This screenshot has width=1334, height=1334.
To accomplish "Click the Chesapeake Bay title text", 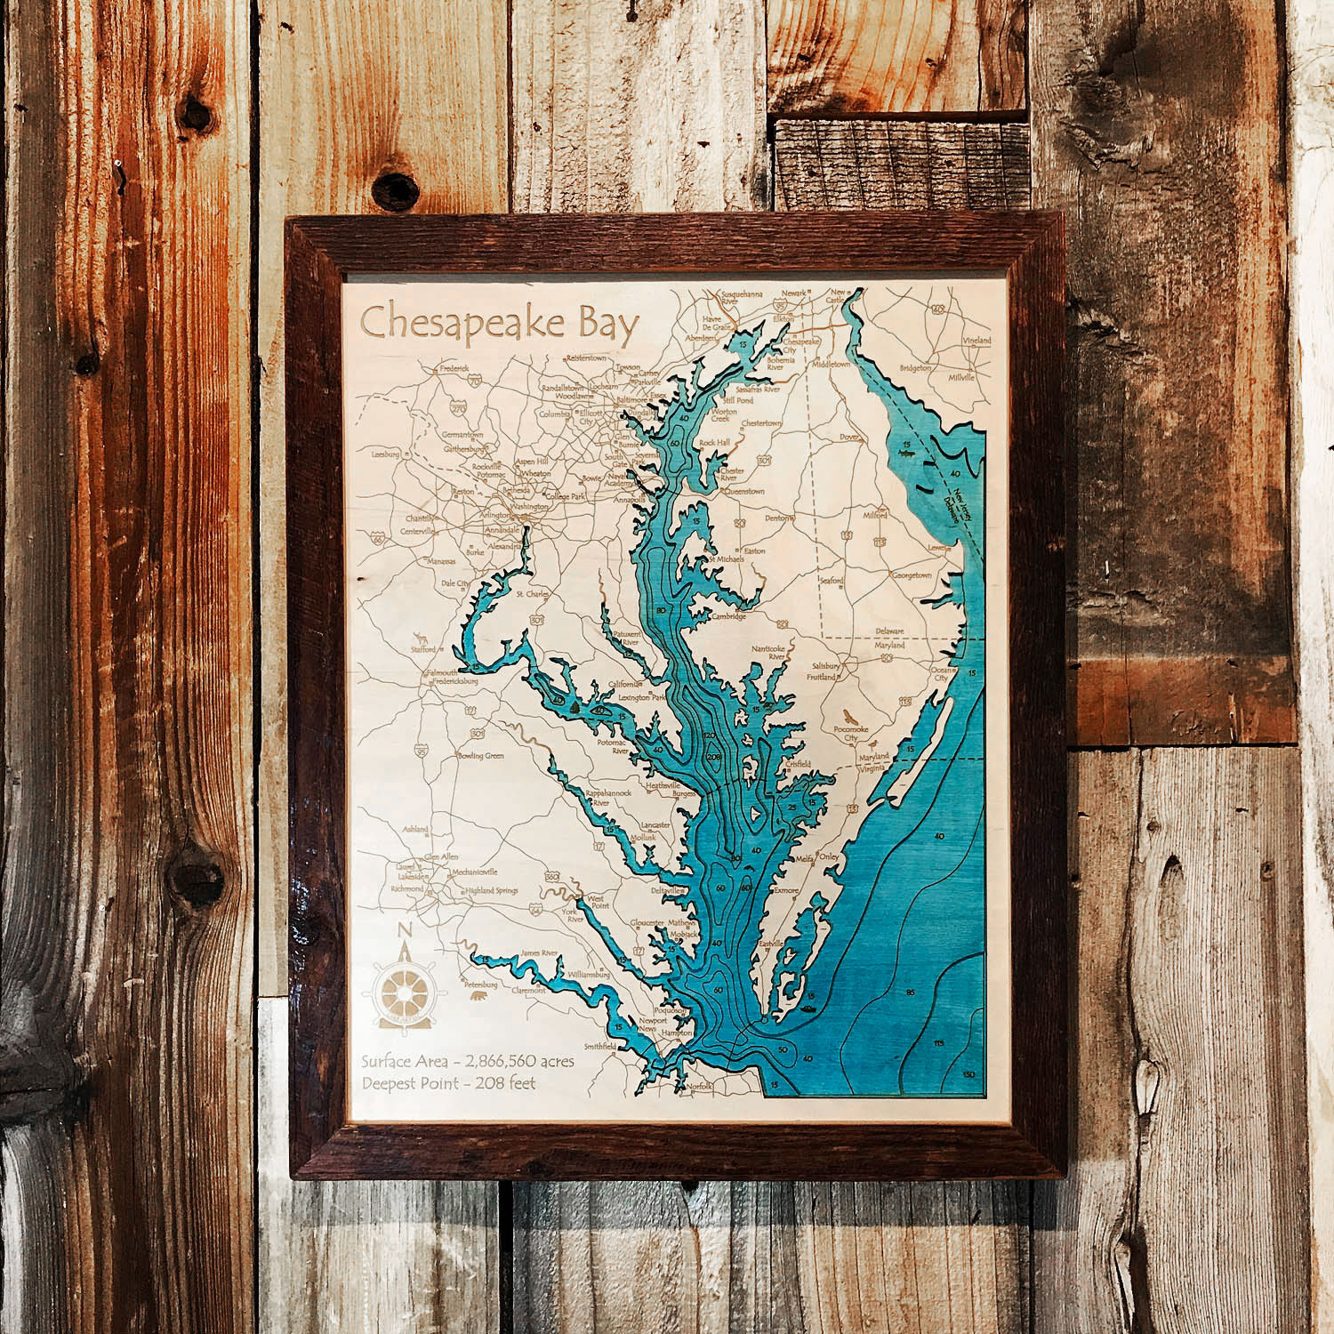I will [499, 325].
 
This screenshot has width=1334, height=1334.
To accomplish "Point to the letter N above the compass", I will [406, 930].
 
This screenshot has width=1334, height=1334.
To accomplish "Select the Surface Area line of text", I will [468, 1061].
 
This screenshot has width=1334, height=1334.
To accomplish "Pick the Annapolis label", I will [629, 500].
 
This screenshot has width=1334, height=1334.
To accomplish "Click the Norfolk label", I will [700, 1084].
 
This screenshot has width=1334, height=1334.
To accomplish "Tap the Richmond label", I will [407, 888].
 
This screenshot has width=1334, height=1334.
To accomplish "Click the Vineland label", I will [971, 341].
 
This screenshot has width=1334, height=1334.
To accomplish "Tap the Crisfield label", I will [798, 764].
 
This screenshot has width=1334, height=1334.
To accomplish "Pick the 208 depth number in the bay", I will [712, 757].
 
